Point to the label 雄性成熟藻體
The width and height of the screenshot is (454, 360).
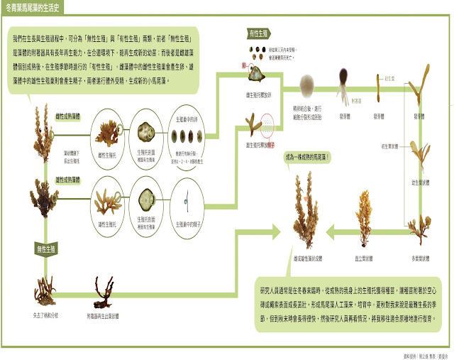(x=67, y=180)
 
